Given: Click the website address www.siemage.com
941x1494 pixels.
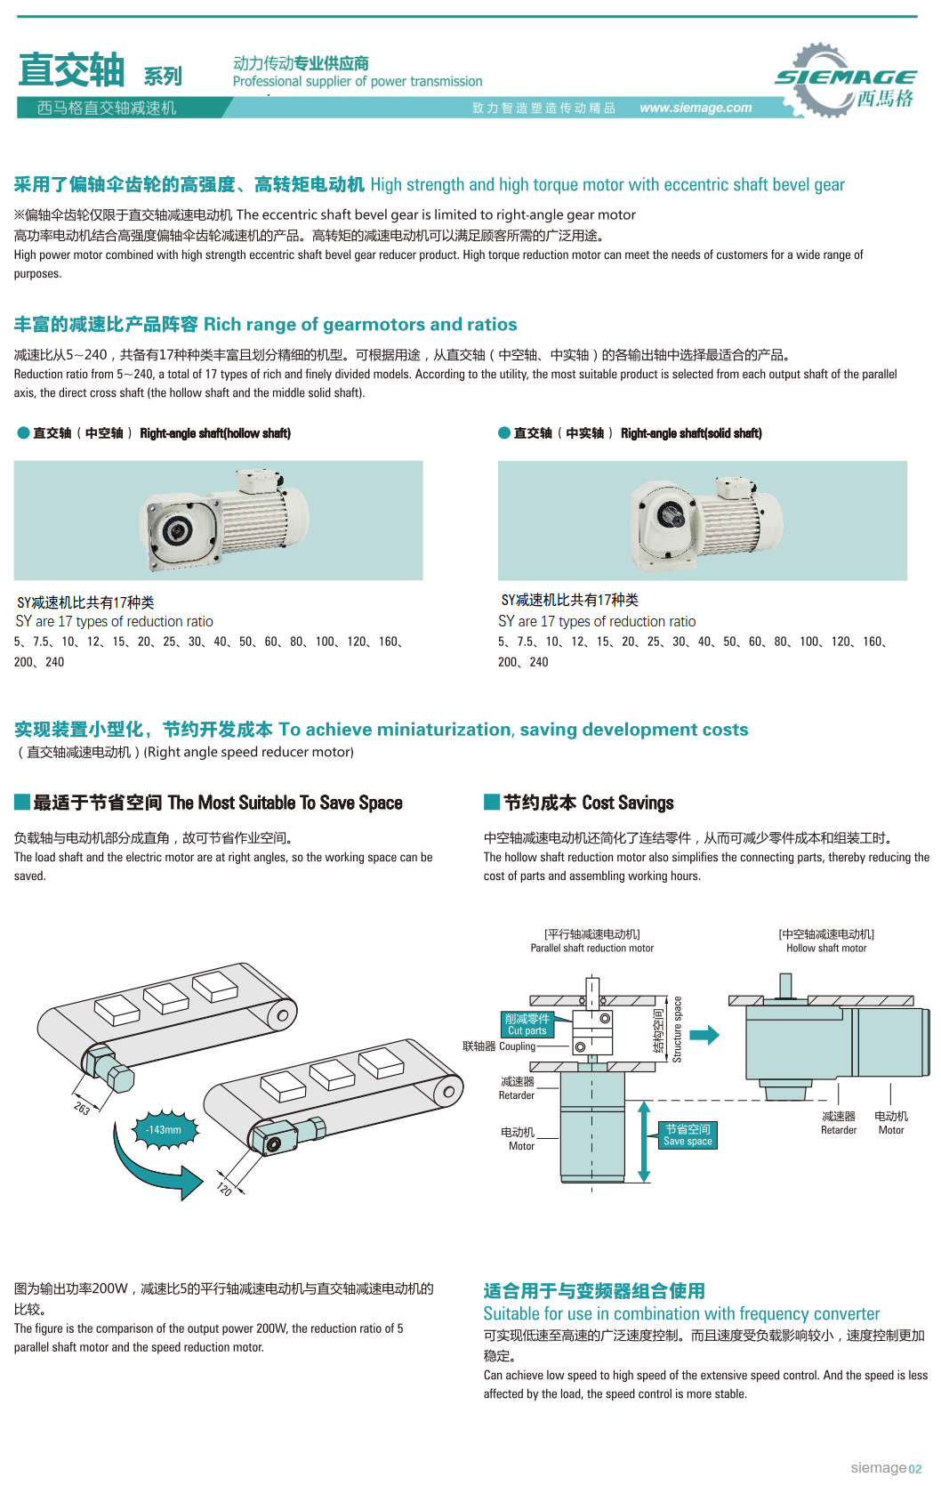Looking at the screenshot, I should [x=696, y=108].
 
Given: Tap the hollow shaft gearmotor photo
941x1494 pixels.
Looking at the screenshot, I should [x=218, y=521].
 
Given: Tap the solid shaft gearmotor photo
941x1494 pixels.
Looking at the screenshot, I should [x=702, y=521].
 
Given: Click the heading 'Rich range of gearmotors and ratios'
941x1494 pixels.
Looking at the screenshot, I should [x=360, y=325].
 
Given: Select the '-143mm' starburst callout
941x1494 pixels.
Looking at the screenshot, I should [x=165, y=1130].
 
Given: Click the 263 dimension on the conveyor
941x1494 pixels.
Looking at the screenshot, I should [x=82, y=1108].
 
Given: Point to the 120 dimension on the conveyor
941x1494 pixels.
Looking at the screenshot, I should [x=224, y=1189].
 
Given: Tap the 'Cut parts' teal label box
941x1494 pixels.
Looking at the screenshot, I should [x=527, y=1025].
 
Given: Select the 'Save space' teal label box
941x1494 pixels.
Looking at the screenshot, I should [x=688, y=1135].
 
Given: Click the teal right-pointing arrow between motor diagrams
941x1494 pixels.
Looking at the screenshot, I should [x=704, y=1035].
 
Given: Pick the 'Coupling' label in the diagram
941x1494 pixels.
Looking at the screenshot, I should [x=517, y=1046].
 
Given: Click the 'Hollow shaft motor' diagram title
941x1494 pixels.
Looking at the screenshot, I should [x=826, y=949].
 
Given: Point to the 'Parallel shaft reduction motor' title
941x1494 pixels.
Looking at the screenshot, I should [x=591, y=949].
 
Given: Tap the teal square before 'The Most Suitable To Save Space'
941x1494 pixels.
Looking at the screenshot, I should [x=22, y=802].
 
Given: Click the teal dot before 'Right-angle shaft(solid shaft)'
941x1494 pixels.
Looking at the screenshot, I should [x=504, y=433].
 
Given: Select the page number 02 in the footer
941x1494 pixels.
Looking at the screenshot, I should [x=915, y=1469].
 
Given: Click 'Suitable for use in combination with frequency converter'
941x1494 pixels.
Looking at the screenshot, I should [x=681, y=1314].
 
